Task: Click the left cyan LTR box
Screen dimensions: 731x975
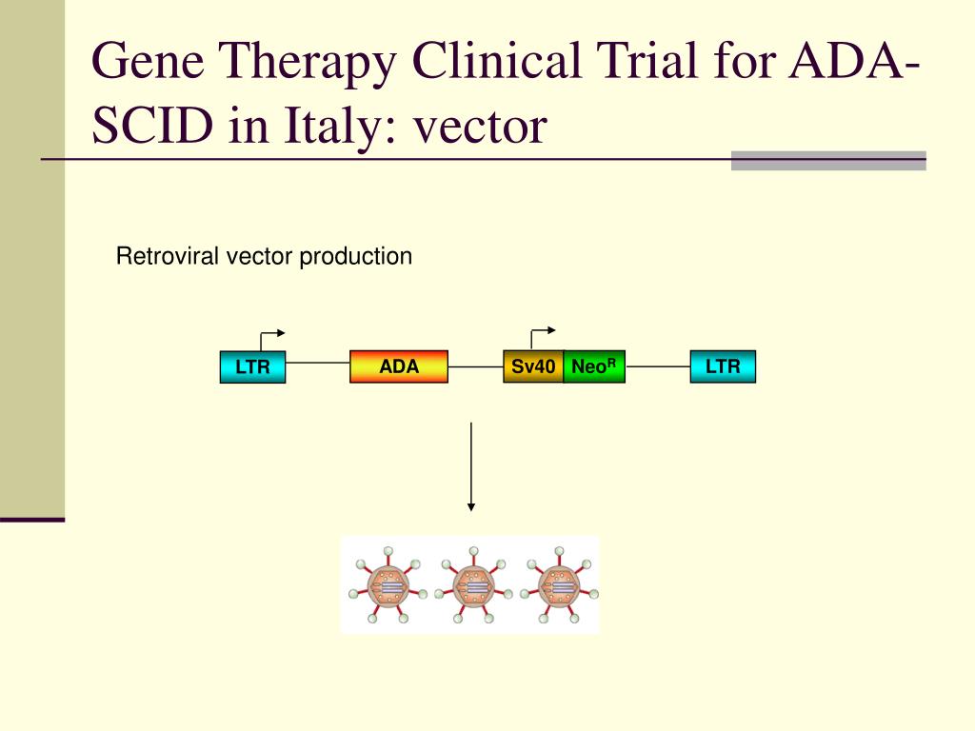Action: coord(252,366)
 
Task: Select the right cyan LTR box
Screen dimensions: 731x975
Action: coord(723,366)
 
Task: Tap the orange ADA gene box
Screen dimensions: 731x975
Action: coord(399,366)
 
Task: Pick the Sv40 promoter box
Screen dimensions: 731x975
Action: coord(533,366)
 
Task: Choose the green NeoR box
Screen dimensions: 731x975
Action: coord(594,366)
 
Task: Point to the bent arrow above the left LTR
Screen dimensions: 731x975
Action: coord(270,336)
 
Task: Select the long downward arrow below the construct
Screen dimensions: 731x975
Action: coord(471,466)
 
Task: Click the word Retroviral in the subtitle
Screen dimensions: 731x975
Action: coord(169,256)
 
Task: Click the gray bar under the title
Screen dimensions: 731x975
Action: coord(828,160)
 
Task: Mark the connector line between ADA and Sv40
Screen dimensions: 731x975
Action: coord(475,366)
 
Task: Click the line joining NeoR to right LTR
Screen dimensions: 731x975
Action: coord(658,366)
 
